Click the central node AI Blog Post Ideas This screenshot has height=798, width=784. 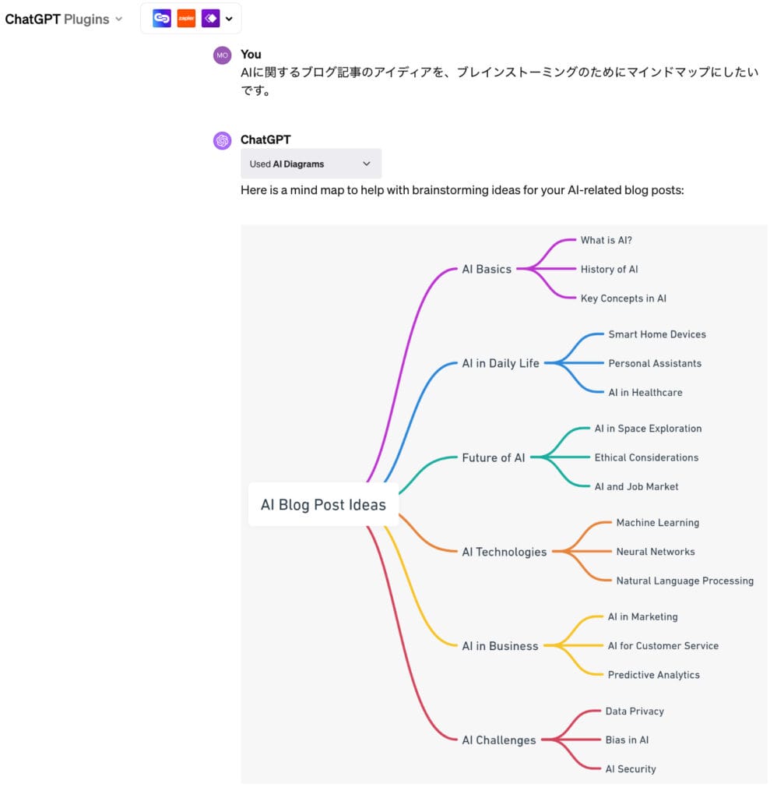(x=323, y=505)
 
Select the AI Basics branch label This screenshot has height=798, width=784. (x=487, y=269)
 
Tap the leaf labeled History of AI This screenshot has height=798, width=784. (x=609, y=269)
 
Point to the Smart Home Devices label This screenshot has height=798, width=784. (x=657, y=334)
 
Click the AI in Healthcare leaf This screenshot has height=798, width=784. (x=645, y=393)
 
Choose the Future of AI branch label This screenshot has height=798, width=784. (x=494, y=457)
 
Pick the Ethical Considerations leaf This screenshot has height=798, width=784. (x=646, y=457)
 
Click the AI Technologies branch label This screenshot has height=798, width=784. (x=505, y=552)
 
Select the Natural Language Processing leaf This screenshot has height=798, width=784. (x=685, y=581)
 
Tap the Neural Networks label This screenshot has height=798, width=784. (x=656, y=552)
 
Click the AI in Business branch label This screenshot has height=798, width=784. (x=500, y=646)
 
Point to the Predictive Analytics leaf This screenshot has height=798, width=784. (x=654, y=675)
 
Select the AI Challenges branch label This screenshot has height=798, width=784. (x=499, y=740)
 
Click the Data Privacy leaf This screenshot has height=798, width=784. (x=635, y=711)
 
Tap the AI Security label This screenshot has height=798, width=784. (x=631, y=769)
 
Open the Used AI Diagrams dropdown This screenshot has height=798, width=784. (x=311, y=164)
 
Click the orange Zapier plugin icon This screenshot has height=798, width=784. (x=186, y=18)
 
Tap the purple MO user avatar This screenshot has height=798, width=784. (x=223, y=55)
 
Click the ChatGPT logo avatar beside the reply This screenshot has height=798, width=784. (x=223, y=140)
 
